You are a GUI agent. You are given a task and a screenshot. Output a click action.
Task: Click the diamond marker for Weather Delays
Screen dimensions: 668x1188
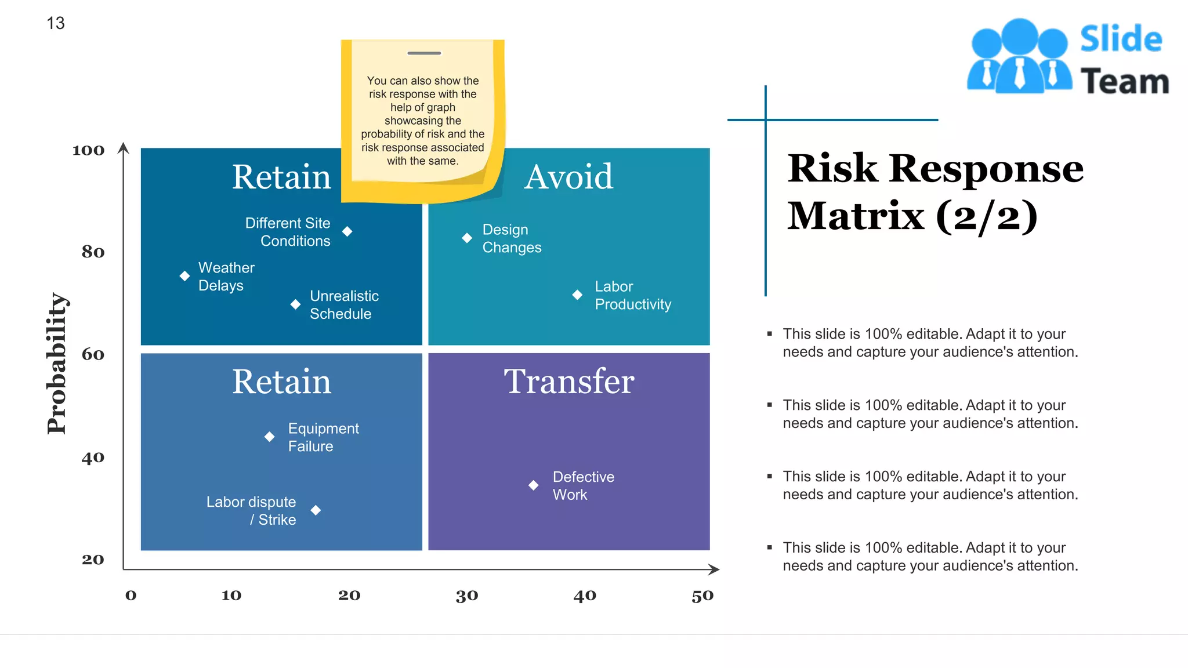[184, 276]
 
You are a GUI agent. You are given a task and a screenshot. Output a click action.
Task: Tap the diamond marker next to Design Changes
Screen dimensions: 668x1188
[467, 238]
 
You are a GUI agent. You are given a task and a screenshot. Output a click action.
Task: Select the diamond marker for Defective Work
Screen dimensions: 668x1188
[534, 485]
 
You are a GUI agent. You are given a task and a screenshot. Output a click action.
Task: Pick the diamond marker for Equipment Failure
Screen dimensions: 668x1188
[270, 437]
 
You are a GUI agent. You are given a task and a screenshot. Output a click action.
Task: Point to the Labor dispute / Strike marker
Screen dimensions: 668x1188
[316, 510]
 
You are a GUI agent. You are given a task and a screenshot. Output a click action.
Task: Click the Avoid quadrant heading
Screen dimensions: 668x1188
[568, 177]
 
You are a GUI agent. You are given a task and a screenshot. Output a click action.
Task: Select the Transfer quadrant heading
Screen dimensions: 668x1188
[568, 382]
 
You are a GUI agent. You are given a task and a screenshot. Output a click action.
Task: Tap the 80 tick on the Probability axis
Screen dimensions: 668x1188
[93, 252]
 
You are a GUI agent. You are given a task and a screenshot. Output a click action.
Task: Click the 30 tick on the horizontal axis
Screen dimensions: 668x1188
[467, 596]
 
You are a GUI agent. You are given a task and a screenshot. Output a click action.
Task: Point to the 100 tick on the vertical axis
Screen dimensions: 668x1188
[88, 151]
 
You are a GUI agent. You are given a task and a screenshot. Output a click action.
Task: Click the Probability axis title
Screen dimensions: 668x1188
[57, 364]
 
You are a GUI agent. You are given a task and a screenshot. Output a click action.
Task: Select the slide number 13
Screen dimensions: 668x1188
[56, 23]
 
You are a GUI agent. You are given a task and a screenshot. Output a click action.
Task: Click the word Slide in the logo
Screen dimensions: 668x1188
[1121, 39]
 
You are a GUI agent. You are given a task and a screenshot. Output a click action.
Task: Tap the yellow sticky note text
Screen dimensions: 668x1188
[423, 121]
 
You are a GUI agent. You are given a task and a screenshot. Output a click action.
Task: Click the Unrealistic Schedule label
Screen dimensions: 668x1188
[344, 305]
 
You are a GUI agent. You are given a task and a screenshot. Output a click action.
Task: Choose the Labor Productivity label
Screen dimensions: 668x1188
[632, 295]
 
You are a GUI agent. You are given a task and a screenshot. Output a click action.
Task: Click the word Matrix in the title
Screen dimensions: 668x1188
[856, 216]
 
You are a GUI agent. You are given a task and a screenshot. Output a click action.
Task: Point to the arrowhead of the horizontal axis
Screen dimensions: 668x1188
[715, 569]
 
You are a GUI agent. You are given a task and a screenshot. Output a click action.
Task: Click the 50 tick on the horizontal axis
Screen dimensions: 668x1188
[702, 596]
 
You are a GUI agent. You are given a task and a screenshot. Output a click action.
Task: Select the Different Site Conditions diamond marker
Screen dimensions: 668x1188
[347, 231]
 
